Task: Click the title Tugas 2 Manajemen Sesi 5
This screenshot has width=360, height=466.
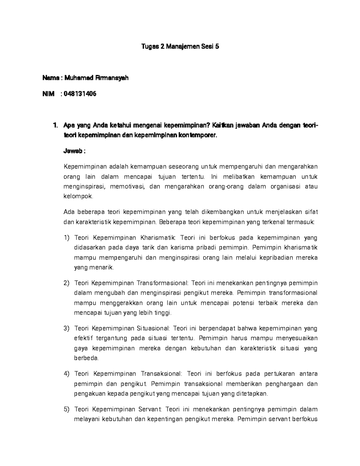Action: click(180, 47)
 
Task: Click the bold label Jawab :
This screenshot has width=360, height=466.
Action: click(74, 151)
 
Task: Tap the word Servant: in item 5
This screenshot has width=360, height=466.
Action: click(150, 409)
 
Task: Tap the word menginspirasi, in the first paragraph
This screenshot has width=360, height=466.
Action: click(85, 187)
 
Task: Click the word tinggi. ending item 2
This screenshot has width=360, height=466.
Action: click(163, 313)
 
